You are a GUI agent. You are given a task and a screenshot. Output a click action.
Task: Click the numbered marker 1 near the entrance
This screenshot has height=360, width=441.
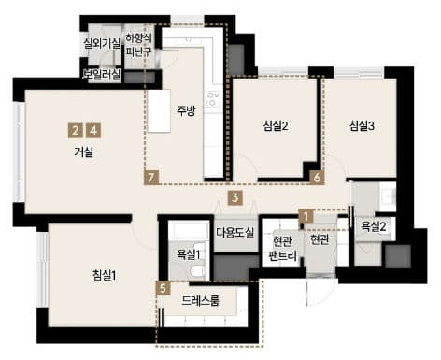click(306, 216)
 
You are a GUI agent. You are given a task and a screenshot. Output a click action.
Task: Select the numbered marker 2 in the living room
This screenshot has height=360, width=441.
click(75, 131)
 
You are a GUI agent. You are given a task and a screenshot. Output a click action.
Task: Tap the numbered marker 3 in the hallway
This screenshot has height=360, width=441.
click(235, 197)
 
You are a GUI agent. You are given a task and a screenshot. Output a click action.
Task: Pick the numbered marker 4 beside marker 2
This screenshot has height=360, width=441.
click(93, 131)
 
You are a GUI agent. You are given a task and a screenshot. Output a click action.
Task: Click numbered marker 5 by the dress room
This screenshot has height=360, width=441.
click(164, 288)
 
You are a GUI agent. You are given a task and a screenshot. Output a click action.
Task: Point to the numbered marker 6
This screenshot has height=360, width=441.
click(317, 178)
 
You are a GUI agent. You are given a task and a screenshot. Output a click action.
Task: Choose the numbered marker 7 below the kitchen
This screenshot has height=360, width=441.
click(151, 178)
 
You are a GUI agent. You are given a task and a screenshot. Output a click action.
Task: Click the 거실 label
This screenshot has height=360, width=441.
click(84, 152)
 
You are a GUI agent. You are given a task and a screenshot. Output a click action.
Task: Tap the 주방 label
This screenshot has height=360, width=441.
click(186, 110)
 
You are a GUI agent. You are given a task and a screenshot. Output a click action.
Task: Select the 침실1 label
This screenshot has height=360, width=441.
click(104, 275)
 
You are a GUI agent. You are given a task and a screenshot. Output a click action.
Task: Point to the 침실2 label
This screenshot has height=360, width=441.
click(276, 126)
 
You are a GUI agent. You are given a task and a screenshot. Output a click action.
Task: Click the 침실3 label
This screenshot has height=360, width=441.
click(362, 126)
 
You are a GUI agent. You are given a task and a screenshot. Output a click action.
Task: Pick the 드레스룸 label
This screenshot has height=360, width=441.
click(201, 300)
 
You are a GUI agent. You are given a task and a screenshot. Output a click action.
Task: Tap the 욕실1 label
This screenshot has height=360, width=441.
click(188, 254)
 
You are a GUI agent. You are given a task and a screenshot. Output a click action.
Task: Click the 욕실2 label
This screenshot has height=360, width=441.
click(374, 226)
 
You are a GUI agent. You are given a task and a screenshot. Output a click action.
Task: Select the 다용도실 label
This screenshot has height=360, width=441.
click(235, 233)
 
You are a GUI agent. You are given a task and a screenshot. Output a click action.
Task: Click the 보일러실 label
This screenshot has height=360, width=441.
click(101, 75)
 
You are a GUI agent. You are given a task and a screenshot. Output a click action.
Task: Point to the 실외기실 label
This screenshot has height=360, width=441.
click(102, 43)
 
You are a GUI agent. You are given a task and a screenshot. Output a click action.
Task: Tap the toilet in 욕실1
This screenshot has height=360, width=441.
click(197, 270)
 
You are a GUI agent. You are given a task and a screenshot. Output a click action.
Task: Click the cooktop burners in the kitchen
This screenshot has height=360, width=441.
click(213, 98)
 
